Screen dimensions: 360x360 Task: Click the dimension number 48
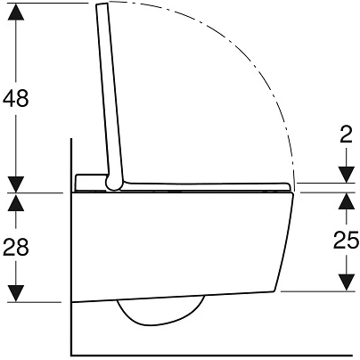tap(16, 98)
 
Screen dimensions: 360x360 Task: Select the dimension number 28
tap(16, 247)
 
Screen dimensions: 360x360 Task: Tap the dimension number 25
tap(346, 240)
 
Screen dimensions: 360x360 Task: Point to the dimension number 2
tap(346, 135)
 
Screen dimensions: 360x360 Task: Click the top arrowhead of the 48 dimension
tap(16, 12)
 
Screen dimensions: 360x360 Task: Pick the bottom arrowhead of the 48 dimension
tap(16, 184)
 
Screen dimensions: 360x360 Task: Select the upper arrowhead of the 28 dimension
tap(16, 202)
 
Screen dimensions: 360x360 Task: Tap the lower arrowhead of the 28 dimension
tap(16, 293)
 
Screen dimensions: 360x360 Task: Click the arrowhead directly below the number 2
tap(347, 175)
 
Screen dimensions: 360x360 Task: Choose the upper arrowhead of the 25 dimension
tap(347, 201)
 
